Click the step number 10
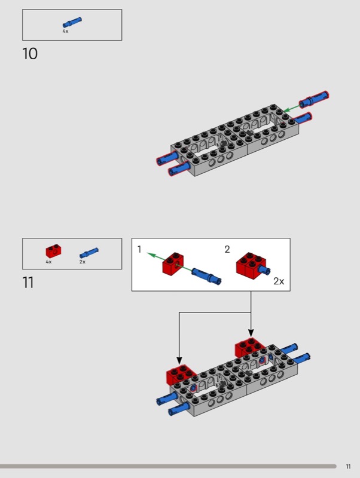[x=30, y=54]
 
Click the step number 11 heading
[x=28, y=282]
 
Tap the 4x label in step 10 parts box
[x=65, y=31]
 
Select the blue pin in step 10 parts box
[x=72, y=23]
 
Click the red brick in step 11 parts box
[x=53, y=251]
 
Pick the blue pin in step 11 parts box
[x=89, y=253]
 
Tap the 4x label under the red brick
[x=48, y=262]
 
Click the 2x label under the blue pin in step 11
[x=83, y=262]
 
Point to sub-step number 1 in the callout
[x=139, y=249]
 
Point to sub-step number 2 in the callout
[x=227, y=249]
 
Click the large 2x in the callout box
[x=279, y=281]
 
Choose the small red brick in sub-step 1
[x=173, y=263]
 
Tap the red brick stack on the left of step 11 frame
[x=181, y=375]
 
